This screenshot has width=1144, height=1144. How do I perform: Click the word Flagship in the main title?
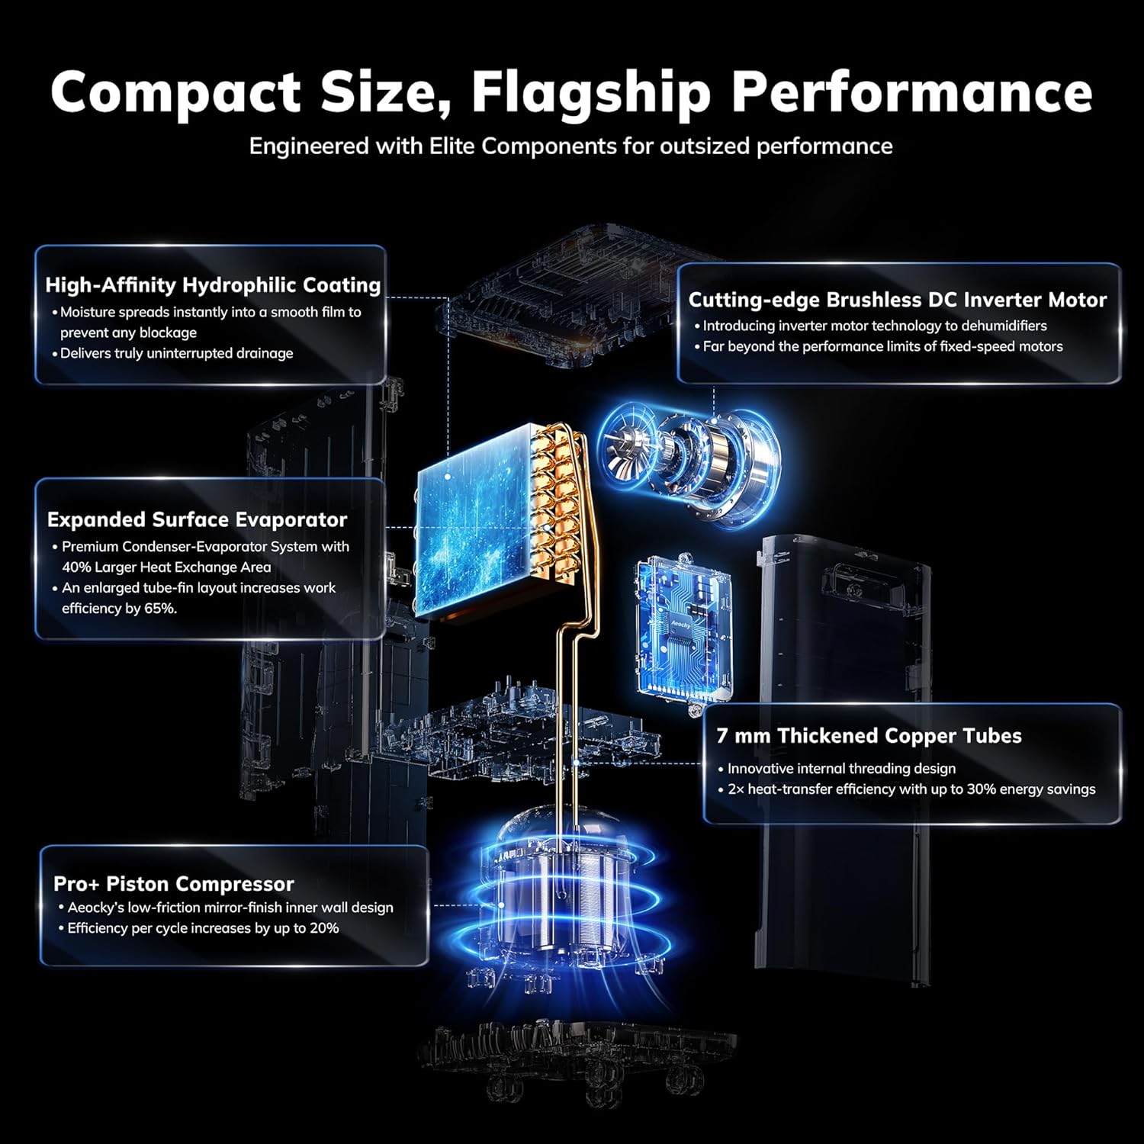[591, 93]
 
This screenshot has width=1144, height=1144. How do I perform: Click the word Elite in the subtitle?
[453, 146]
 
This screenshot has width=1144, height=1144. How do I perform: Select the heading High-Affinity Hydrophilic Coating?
[213, 285]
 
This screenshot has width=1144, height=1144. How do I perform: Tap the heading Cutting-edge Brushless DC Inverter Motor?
[898, 300]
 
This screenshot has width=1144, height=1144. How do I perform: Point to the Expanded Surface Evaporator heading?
[197, 519]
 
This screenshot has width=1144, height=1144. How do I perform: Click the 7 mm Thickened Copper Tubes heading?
[869, 736]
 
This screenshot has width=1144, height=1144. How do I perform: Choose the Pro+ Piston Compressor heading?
[174, 884]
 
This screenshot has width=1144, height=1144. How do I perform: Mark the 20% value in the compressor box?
[323, 928]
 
